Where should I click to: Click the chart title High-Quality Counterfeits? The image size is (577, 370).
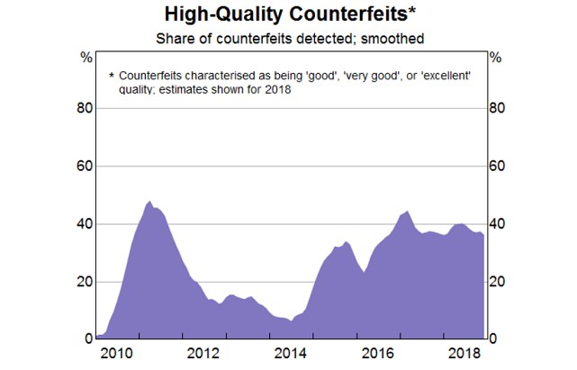[288, 14]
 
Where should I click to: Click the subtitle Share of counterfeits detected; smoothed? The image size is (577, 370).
[288, 38]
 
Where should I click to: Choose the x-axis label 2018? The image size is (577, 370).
[461, 353]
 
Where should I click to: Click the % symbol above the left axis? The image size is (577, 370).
[86, 57]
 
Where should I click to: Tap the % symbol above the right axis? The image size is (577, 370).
[494, 57]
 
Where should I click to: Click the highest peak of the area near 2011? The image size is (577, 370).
[149, 202]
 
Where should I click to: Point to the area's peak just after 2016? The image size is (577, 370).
[407, 212]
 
